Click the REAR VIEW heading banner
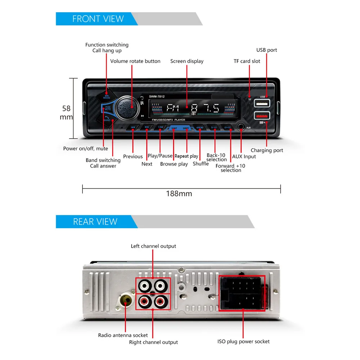tap(95, 222)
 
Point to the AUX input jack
tap(241, 127)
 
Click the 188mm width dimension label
tap(179, 194)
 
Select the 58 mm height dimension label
tap(66, 112)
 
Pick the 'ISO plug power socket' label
tap(243, 341)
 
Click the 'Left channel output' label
tap(153, 246)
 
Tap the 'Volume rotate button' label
tap(135, 61)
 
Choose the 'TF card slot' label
tap(247, 61)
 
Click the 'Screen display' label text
tap(187, 61)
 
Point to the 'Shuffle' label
tap(201, 164)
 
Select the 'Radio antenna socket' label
tap(123, 335)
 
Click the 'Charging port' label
tap(267, 150)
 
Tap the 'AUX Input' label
tap(244, 157)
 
